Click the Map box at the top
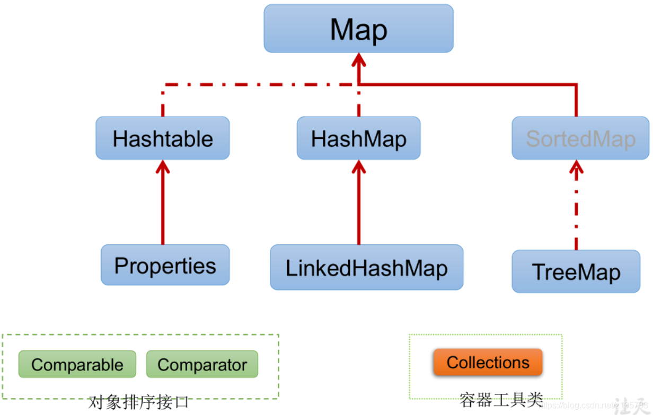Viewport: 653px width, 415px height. pos(358,29)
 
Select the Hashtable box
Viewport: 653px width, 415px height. pos(163,138)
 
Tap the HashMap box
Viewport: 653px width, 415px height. pos(358,138)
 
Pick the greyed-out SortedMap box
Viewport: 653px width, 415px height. pos(580,138)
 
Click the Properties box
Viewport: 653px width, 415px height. pos(165,265)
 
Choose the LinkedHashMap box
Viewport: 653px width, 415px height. pos(366,268)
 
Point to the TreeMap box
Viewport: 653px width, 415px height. pos(576,271)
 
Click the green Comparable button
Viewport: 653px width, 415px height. pos(77,364)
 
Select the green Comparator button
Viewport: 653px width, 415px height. pos(202,364)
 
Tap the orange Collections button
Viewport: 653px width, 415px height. pos(488,363)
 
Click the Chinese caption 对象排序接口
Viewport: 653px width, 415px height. pos(139,402)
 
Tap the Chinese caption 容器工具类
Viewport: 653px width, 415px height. pos(500,400)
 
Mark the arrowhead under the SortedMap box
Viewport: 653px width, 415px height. pos(576,167)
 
